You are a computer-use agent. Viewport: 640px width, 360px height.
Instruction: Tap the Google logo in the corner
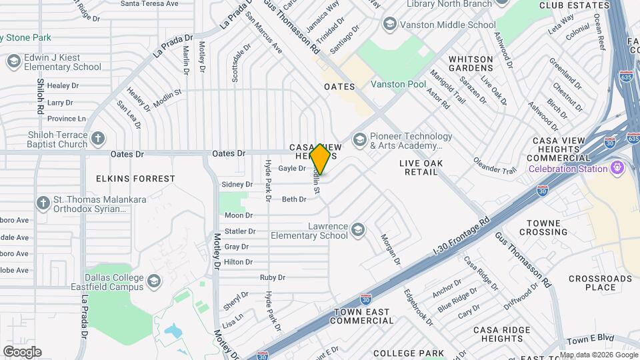pyautogui.click(x=22, y=352)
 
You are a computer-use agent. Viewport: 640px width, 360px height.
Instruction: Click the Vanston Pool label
pyautogui.click(x=398, y=85)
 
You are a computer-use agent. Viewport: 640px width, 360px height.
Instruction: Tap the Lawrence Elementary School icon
pyautogui.click(x=358, y=230)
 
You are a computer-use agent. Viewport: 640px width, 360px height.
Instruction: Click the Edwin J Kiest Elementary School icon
pyautogui.click(x=13, y=62)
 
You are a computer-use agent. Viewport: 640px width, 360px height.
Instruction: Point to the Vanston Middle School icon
pyautogui.click(x=389, y=25)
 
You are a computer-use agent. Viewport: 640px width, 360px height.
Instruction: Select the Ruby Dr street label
pyautogui.click(x=272, y=277)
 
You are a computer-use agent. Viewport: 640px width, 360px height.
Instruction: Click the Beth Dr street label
pyautogui.click(x=293, y=199)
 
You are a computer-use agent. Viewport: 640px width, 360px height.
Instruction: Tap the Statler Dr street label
pyautogui.click(x=240, y=231)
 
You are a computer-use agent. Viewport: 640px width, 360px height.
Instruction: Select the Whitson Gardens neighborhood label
pyautogui.click(x=471, y=64)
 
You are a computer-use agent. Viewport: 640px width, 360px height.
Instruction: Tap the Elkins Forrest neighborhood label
pyautogui.click(x=135, y=179)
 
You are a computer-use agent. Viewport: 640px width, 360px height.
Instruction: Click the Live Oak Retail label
pyautogui.click(x=419, y=167)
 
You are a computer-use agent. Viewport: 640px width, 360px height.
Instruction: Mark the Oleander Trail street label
pyautogui.click(x=495, y=165)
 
